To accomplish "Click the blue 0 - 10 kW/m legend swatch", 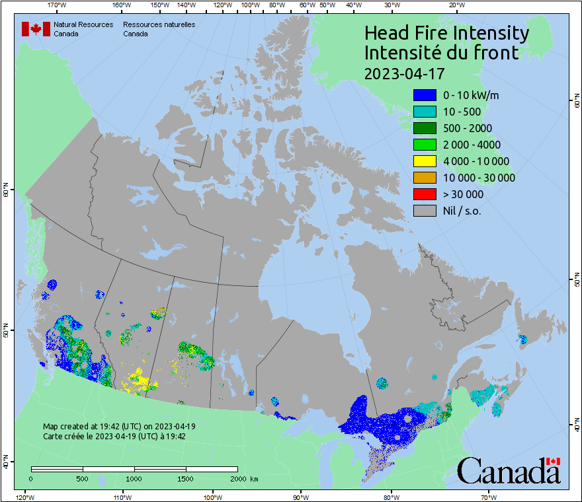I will coord(423,95).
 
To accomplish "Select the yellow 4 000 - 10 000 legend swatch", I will coord(423,161).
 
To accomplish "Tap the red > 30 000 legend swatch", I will coord(423,194).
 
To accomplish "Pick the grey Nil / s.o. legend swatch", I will coord(423,211).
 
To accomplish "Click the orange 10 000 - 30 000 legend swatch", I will coord(423,178).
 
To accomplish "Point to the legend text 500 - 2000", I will coord(468,128).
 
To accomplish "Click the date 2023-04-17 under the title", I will coord(404,73).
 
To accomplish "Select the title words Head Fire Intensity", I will coord(446,33).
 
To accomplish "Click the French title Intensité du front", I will coord(441,53).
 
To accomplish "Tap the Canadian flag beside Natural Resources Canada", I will coord(36,29).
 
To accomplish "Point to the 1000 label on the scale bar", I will coord(134,478).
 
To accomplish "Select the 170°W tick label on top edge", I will coord(58,5).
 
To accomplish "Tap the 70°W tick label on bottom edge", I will coord(489,496).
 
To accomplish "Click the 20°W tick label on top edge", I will coord(455,5).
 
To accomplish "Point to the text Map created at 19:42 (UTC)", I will coord(119,427).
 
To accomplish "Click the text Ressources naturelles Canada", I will coord(159,29).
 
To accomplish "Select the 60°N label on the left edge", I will coord(5,192).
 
